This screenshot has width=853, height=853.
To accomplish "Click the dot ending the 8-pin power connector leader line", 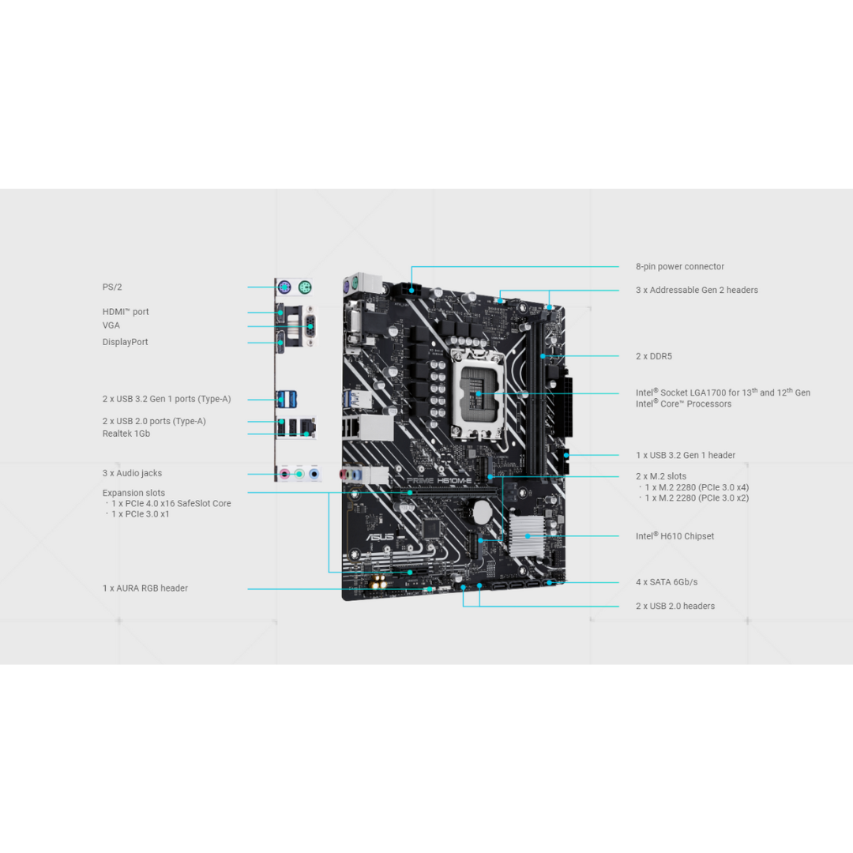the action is (x=411, y=291).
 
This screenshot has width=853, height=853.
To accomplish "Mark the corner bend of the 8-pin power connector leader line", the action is (x=411, y=267).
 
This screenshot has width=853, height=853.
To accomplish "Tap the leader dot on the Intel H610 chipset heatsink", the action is (x=527, y=535).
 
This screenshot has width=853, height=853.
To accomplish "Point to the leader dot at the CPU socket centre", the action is (x=479, y=393).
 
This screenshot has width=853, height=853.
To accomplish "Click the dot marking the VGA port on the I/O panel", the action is (x=310, y=326).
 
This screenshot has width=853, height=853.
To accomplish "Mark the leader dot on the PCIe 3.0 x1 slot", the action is (x=410, y=573).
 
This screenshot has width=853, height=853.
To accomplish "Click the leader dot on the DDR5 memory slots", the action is (x=543, y=356).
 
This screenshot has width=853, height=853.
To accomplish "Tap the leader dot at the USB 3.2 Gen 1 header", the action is (x=567, y=455).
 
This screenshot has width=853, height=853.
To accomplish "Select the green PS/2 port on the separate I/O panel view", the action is (x=305, y=287).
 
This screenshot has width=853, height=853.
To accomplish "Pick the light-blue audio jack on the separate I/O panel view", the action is (x=314, y=474).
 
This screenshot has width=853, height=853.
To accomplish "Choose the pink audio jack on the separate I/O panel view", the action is (x=284, y=474).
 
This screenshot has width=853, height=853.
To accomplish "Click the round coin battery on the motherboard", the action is (x=482, y=511).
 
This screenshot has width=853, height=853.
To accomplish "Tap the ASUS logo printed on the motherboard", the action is (x=380, y=538).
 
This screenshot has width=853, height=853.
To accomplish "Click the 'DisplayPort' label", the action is (x=125, y=342).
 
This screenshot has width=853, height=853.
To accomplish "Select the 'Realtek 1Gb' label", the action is (x=126, y=434).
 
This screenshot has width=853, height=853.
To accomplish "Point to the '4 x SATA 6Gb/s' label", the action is (x=667, y=582).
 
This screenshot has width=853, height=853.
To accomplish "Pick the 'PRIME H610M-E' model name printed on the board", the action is (x=440, y=481).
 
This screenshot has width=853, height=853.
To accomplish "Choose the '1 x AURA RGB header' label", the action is (x=145, y=588).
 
